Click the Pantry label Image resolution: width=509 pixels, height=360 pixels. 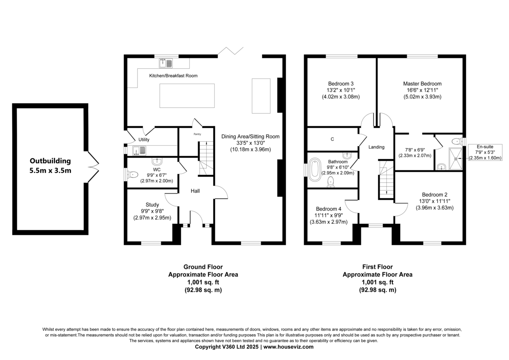[197, 134]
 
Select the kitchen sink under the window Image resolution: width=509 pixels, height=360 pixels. [166, 63]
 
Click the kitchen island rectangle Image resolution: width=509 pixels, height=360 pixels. [187, 96]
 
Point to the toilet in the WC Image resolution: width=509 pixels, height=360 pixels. [133, 174]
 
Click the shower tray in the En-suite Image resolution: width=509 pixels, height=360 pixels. [456, 158]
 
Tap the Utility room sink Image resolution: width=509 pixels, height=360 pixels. [139, 151]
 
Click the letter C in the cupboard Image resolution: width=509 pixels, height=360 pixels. [332, 139]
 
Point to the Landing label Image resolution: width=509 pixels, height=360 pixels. [376, 147]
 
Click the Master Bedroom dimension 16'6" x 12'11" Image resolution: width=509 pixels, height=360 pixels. [422, 90]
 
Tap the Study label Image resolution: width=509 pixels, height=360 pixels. [152, 205]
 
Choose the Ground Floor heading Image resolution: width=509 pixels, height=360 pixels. [203, 267]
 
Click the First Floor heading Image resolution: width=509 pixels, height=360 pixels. [378, 267]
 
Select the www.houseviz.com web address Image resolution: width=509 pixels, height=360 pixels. [288, 347]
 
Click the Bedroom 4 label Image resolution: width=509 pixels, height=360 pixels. [329, 209]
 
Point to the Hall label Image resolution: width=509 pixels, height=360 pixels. [195, 191]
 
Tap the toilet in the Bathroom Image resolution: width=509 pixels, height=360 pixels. [330, 182]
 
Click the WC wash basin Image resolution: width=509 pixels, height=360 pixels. [157, 161]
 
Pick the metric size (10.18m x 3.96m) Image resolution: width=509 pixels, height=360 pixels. [250, 149]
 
